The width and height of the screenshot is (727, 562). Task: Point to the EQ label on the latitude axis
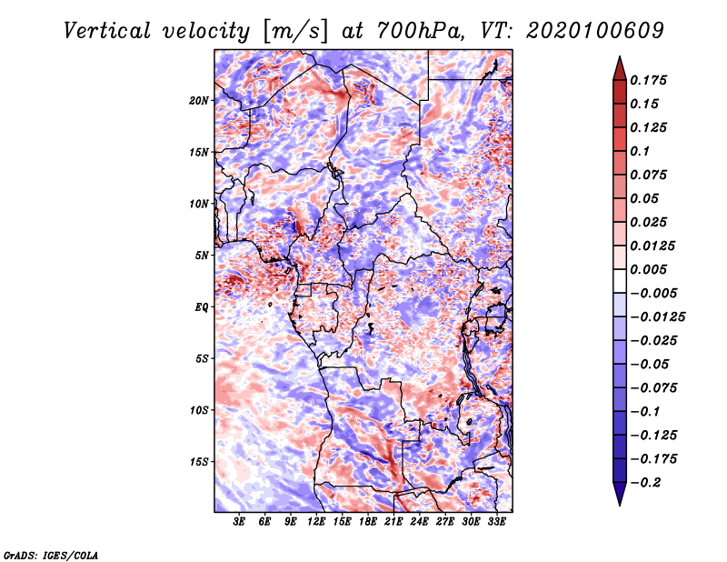[202, 307]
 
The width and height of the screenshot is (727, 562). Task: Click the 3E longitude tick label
[240, 523]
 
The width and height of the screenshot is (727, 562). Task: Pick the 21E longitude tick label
[393, 523]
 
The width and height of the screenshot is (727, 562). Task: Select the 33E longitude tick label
[496, 523]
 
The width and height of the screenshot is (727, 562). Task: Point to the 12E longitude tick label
[317, 523]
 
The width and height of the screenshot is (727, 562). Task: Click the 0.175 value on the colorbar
[650, 80]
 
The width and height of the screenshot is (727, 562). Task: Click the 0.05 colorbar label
[645, 198]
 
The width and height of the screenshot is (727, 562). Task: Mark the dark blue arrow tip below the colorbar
[619, 503]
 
